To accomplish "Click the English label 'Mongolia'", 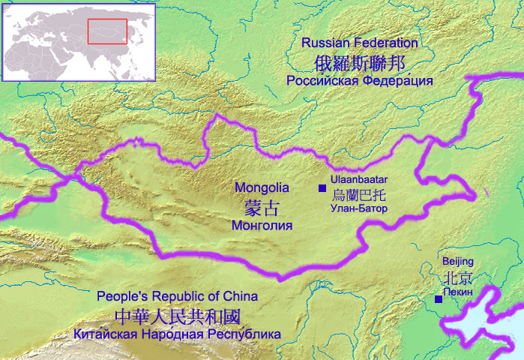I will click(x=262, y=187).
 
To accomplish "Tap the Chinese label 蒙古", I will click(x=262, y=206).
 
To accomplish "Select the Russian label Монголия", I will click(x=262, y=224).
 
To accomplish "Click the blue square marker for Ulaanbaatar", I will click(x=322, y=187).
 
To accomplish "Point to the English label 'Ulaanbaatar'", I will click(x=358, y=180).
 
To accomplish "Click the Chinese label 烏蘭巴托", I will click(x=358, y=194).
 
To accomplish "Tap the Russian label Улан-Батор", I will click(x=358, y=208).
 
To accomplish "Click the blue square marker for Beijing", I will click(x=439, y=299).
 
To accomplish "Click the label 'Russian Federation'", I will click(x=359, y=43).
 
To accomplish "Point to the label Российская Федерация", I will click(x=360, y=80).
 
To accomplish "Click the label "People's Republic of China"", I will click(x=177, y=296).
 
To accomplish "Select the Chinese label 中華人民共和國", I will click(x=178, y=315).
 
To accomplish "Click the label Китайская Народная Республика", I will click(x=178, y=334).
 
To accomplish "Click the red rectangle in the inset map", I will click(x=108, y=31).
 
